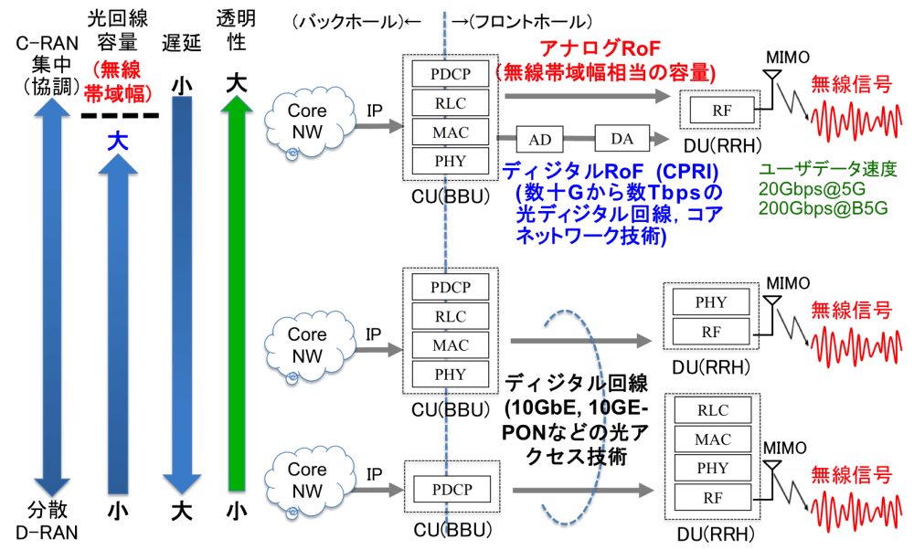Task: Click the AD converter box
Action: click(x=540, y=139)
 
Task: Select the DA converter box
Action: click(x=622, y=138)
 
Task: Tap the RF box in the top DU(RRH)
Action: click(x=722, y=111)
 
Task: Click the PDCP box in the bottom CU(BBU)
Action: click(x=452, y=490)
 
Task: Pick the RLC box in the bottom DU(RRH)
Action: click(x=713, y=410)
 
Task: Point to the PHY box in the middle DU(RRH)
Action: click(x=710, y=302)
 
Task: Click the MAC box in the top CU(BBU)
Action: click(x=450, y=132)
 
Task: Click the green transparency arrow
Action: click(x=237, y=293)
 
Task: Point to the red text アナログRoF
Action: click(x=600, y=48)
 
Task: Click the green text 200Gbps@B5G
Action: click(x=824, y=208)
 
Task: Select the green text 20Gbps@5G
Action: click(x=812, y=189)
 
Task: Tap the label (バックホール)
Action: click(x=348, y=22)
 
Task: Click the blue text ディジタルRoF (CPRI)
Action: click(x=611, y=171)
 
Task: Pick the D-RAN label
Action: click(x=47, y=533)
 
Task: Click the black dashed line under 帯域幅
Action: click(x=120, y=115)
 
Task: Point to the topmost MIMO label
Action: click(x=788, y=57)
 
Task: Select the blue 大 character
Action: click(x=118, y=141)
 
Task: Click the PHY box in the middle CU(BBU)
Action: click(x=450, y=374)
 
